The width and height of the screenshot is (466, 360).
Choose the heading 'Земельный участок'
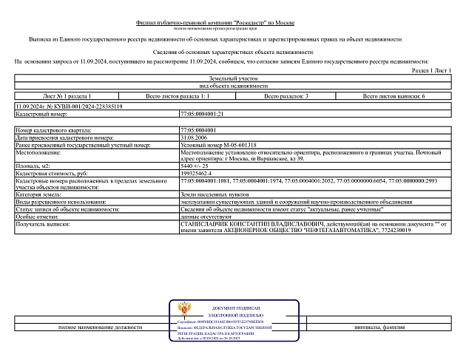click(233, 78)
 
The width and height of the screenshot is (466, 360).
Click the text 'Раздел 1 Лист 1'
click(430, 69)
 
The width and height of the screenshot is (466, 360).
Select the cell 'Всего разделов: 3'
click(291, 96)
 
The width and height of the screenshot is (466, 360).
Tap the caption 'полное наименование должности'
click(99, 326)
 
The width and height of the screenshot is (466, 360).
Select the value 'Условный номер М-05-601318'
click(218, 145)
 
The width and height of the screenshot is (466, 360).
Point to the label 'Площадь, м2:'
click(33, 166)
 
